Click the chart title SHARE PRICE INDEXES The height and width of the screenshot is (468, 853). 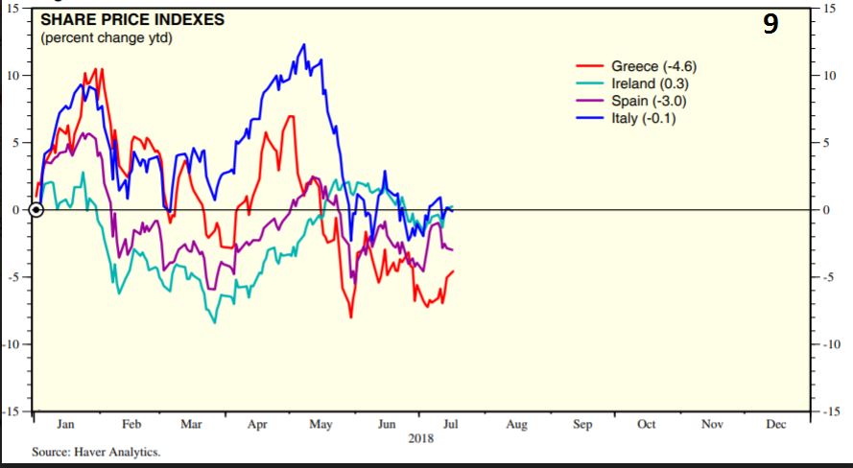(132, 20)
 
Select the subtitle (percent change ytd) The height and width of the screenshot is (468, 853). (107, 38)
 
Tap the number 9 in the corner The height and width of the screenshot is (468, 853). (770, 25)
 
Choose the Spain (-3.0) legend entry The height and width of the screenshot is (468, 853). (650, 101)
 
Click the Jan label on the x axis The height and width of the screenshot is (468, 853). (67, 424)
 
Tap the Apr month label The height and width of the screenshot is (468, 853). (257, 424)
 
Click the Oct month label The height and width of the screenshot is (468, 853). (646, 424)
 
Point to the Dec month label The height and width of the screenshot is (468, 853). (776, 424)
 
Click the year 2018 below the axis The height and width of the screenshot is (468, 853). (420, 438)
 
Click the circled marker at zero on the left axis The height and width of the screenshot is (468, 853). (36, 210)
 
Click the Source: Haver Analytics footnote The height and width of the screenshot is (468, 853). (96, 452)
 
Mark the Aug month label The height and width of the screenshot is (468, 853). (516, 424)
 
